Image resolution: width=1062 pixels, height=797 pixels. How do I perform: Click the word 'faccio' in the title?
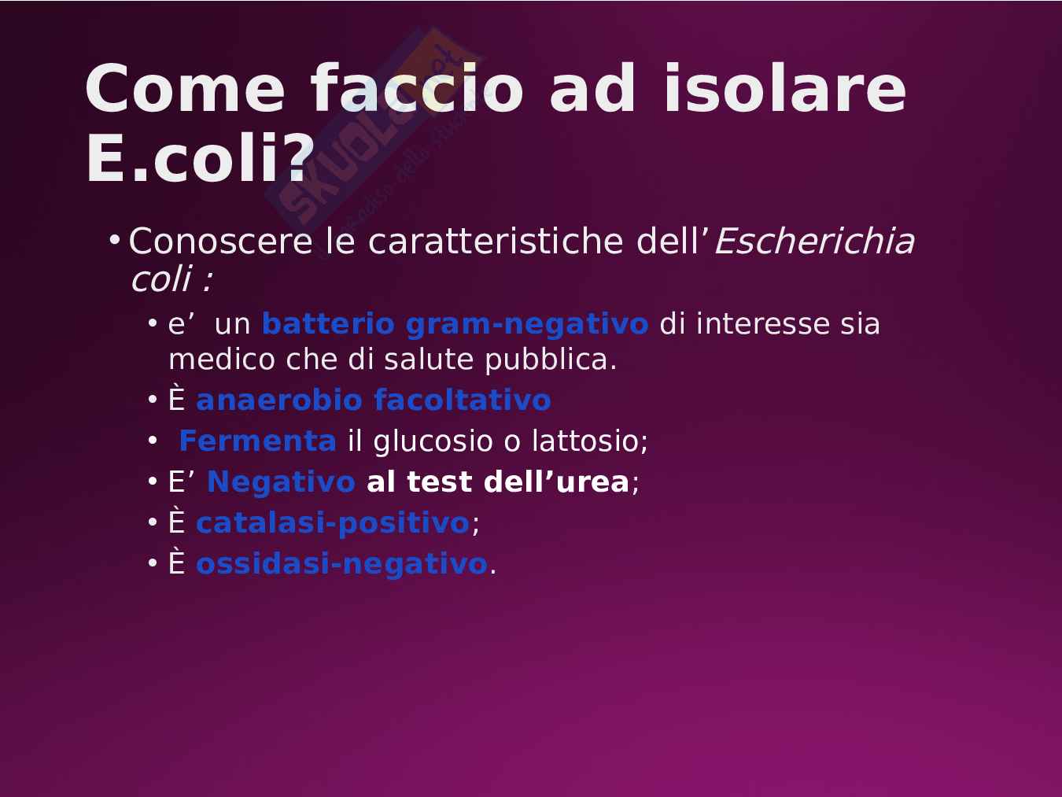click(417, 89)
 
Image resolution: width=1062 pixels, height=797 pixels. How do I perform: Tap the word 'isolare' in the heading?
click(784, 89)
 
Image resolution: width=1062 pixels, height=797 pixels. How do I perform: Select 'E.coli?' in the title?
click(200, 158)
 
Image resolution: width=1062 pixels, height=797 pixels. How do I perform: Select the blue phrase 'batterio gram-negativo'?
click(455, 323)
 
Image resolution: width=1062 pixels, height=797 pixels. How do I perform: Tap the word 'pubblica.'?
click(551, 360)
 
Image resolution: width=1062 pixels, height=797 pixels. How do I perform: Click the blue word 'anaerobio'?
click(279, 400)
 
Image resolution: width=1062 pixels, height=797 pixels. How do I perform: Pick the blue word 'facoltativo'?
click(463, 400)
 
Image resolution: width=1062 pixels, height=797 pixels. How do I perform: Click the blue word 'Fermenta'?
click(258, 441)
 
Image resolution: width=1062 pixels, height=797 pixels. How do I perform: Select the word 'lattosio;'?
click(590, 441)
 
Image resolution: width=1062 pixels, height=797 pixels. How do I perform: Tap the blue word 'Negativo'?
click(281, 482)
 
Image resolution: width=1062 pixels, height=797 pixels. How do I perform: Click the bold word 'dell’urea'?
click(556, 482)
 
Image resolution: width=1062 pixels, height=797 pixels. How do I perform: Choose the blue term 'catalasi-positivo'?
click(333, 523)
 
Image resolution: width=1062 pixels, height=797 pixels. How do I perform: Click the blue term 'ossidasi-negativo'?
click(341, 564)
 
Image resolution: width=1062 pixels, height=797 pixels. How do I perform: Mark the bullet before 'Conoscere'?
click(115, 239)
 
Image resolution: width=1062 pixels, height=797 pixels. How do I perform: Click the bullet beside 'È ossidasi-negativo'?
click(153, 563)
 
